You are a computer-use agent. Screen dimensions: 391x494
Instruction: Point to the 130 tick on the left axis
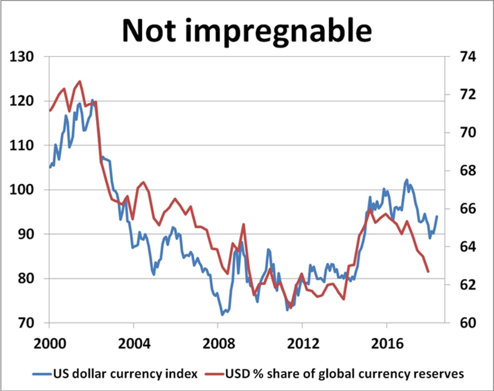[24, 57]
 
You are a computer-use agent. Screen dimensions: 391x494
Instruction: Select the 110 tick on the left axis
[24, 146]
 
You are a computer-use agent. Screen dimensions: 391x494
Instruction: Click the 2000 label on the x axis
[49, 345]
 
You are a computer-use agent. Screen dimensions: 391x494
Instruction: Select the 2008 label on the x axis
[218, 345]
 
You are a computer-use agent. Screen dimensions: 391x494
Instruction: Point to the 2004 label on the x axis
[134, 345]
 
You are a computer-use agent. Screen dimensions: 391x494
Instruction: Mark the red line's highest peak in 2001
[80, 81]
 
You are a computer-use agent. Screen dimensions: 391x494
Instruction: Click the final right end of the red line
[428, 272]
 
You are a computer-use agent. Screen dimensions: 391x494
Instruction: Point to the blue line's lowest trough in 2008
[222, 315]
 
